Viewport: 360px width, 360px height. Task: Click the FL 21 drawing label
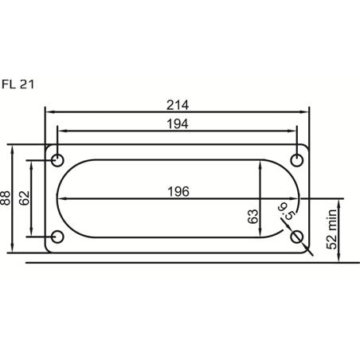17,83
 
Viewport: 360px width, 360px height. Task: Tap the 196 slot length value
178,191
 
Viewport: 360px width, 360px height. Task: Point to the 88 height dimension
7,198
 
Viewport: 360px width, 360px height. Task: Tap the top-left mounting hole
57,160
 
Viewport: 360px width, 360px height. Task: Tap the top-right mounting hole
297,160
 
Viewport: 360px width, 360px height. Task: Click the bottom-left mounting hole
57,237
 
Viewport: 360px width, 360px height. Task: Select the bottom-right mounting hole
297,237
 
